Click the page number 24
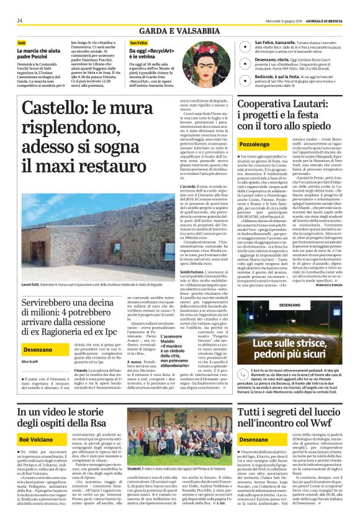(x=20, y=20)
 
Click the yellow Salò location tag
(x=22, y=43)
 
